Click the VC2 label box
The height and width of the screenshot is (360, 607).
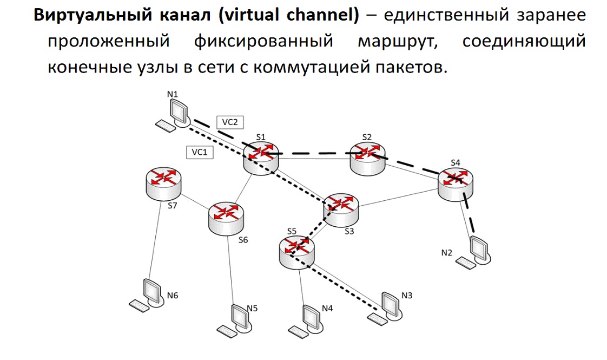(230, 122)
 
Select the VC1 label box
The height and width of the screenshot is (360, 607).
(200, 152)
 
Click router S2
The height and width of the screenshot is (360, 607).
(367, 159)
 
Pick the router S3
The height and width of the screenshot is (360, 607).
(341, 210)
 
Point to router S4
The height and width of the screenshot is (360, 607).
(456, 185)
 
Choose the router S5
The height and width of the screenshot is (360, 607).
(296, 253)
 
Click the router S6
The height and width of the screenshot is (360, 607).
(226, 219)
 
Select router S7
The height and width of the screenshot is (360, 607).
(164, 184)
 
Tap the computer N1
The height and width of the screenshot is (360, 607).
(174, 115)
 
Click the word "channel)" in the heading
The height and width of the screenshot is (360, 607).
(323, 15)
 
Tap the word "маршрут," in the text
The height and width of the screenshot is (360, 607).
(398, 41)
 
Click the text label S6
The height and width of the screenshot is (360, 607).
(243, 240)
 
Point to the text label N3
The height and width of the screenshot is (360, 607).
(407, 295)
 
